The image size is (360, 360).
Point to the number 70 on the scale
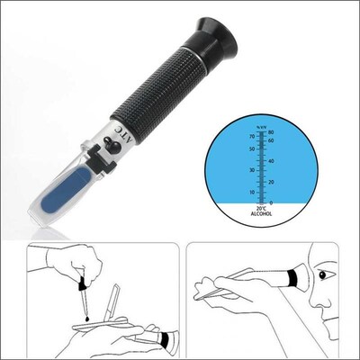click(251, 136)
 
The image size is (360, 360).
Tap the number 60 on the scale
click(271, 141)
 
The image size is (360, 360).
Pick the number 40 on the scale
click(271, 160)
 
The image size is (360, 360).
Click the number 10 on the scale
click(251, 192)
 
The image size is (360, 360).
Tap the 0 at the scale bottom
click(271, 202)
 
